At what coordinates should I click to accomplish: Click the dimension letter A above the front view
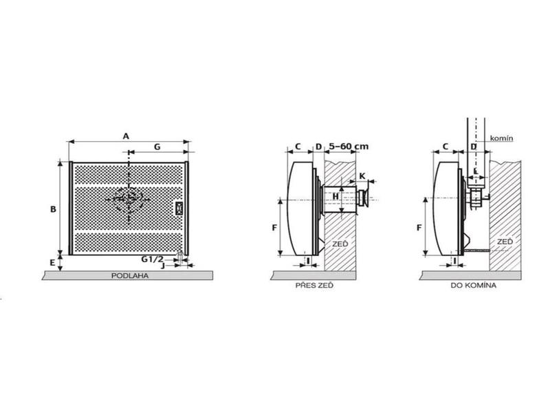(126, 136)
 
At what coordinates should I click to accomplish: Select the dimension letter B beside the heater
(53, 209)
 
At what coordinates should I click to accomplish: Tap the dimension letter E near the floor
(53, 262)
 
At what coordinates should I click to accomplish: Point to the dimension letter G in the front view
(157, 147)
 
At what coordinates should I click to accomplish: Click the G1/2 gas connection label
(152, 260)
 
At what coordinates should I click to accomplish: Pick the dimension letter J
(163, 266)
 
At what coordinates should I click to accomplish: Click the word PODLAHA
(130, 276)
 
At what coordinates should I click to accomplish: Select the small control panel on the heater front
(179, 208)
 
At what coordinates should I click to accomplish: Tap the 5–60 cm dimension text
(349, 147)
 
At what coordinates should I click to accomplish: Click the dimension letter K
(362, 176)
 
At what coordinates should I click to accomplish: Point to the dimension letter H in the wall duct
(335, 196)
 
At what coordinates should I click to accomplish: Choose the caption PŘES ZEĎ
(314, 286)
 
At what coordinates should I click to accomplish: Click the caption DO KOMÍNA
(474, 286)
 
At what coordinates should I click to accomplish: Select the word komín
(502, 138)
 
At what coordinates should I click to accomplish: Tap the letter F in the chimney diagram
(419, 228)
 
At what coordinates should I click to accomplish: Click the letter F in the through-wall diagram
(274, 228)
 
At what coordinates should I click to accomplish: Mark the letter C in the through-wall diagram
(298, 146)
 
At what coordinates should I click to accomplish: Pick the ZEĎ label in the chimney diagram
(505, 242)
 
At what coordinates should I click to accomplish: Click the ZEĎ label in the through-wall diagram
(340, 244)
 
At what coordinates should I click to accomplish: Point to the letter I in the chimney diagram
(455, 261)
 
